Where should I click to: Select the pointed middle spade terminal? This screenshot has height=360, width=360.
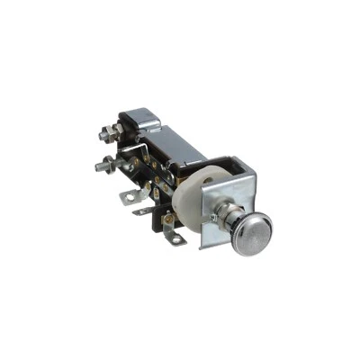pos(144,211)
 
